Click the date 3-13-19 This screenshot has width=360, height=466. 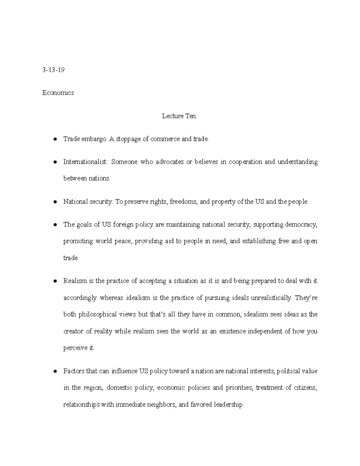(53, 70)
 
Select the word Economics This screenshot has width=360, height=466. (58, 93)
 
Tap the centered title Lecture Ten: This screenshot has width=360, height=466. (180, 116)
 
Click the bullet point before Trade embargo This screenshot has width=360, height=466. (55, 139)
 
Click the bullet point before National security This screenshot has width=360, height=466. (55, 202)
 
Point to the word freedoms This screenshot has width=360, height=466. (183, 202)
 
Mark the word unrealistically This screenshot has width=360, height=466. (271, 298)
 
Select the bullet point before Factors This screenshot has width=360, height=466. (55, 371)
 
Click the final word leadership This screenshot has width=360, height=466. (229, 404)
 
